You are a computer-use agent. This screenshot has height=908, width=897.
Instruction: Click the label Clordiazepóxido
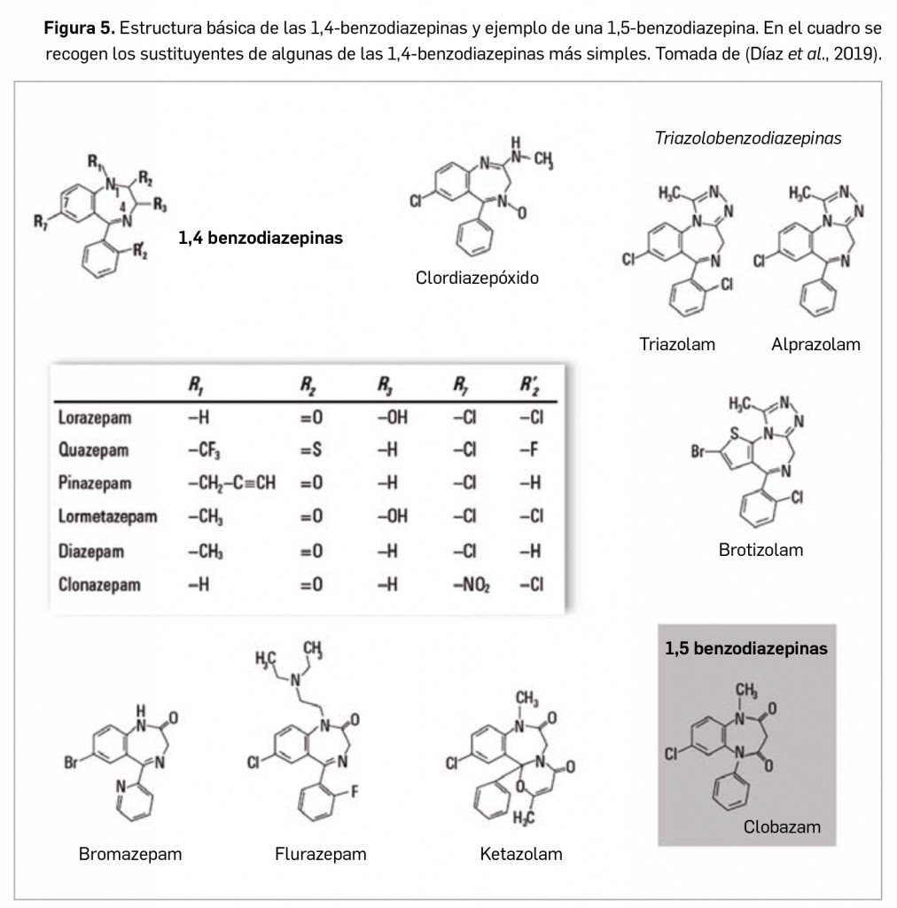tap(476, 278)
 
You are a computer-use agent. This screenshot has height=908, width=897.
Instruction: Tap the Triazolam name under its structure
tap(677, 344)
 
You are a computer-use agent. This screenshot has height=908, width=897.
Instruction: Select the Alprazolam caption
tap(815, 344)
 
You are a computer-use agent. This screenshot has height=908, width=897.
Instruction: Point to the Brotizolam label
tap(760, 550)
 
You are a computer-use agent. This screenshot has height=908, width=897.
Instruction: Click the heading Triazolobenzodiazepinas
tap(748, 138)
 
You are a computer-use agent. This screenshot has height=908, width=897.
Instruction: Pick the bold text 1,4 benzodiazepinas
tap(261, 238)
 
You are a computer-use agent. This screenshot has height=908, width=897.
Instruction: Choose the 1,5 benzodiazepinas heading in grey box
tap(746, 648)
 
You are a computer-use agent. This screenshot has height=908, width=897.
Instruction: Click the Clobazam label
tap(782, 827)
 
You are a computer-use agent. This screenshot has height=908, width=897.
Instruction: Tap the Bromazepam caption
tap(130, 855)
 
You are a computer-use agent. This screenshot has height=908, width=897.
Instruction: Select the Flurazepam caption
tap(321, 855)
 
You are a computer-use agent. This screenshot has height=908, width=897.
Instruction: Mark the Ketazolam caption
tap(521, 855)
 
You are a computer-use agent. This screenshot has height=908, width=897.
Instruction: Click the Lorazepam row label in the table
tap(93, 417)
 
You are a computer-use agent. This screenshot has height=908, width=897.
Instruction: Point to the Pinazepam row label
tap(95, 484)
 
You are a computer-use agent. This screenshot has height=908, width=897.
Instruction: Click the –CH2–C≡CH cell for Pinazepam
tap(231, 484)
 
